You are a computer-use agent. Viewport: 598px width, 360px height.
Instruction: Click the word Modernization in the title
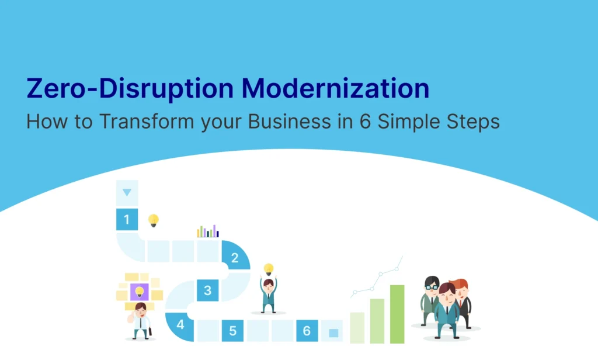point(335,88)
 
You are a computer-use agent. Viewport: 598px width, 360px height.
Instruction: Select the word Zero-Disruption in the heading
point(130,88)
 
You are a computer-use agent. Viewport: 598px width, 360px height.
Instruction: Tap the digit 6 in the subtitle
point(365,122)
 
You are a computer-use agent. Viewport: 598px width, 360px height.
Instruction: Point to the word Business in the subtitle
point(290,122)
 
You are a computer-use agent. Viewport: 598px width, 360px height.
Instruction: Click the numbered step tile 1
point(127,220)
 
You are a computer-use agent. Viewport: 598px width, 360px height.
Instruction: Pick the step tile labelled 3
point(207,290)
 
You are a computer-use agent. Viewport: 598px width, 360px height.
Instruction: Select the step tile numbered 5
point(232,331)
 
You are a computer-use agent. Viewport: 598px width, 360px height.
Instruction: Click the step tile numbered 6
point(307,331)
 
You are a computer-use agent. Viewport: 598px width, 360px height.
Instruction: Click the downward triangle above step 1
point(127,192)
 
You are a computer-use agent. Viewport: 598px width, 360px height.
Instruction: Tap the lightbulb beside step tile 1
point(154,220)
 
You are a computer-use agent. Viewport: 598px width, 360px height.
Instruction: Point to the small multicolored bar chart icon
point(208,231)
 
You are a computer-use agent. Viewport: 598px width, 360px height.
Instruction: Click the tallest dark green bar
point(397,314)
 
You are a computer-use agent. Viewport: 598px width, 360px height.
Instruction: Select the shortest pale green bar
point(357,327)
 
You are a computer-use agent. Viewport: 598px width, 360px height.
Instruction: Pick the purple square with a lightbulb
point(140,292)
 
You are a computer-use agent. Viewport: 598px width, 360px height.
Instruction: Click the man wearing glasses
point(430,300)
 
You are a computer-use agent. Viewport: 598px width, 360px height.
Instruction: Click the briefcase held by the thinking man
point(150,331)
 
